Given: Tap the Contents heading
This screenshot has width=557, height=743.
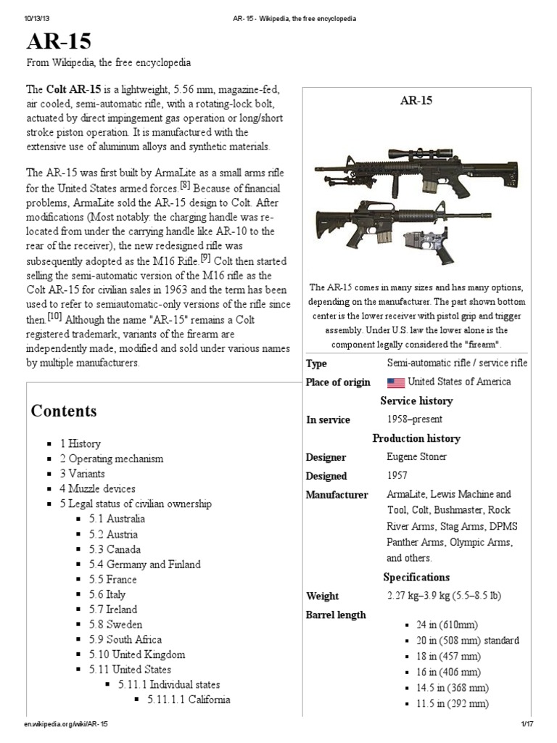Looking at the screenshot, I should (x=64, y=411).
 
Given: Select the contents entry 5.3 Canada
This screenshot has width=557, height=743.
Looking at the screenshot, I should (x=123, y=549).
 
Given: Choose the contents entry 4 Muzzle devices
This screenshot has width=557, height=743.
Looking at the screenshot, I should (x=98, y=488).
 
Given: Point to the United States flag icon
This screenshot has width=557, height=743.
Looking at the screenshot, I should (x=395, y=382).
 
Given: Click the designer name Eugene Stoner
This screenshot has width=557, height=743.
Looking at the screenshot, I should (x=418, y=458).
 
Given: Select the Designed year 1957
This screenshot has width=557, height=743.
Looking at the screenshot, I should (x=397, y=476).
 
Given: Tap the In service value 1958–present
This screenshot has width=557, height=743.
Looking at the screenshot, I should (x=415, y=419).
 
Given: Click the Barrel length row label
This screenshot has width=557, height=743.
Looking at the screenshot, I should (x=336, y=615).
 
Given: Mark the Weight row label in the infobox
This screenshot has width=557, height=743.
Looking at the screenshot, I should (x=323, y=596).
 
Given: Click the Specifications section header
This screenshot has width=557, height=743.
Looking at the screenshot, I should (x=416, y=578).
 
